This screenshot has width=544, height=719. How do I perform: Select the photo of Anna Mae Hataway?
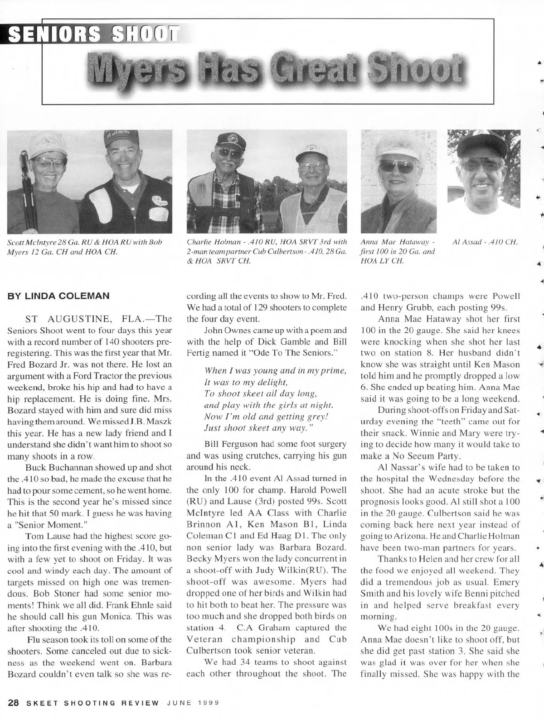click(398, 181)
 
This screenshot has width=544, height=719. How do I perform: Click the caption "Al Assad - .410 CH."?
click(485, 242)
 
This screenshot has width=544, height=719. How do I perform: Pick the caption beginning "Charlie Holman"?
click(267, 251)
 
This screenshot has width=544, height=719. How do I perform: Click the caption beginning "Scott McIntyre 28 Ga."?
click(85, 247)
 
